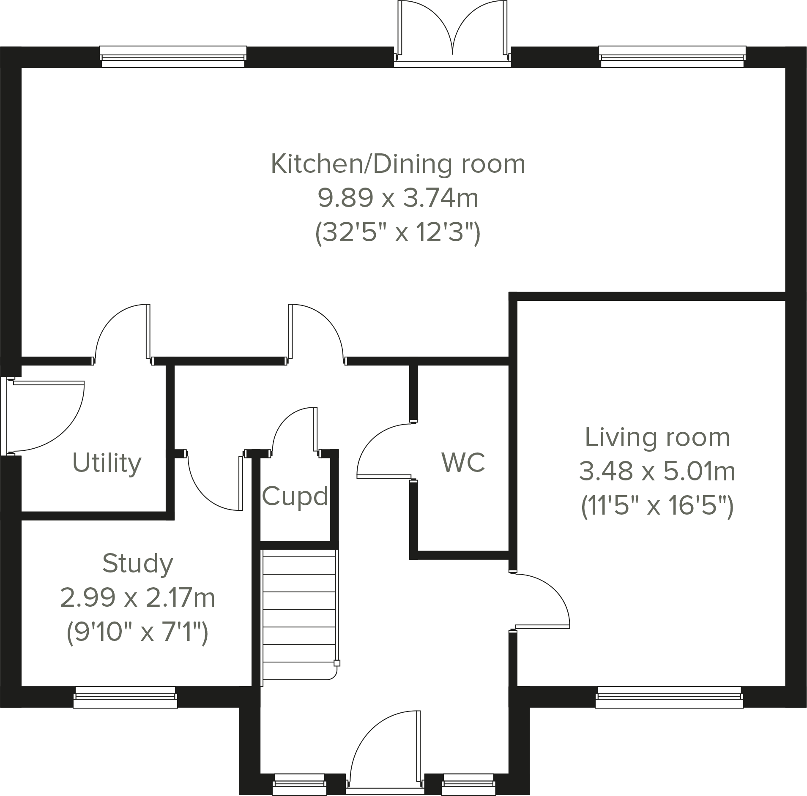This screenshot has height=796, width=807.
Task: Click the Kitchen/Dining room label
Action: (x=397, y=164)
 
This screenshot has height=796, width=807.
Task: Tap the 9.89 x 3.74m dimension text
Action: (x=397, y=198)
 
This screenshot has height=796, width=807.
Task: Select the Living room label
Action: (x=657, y=437)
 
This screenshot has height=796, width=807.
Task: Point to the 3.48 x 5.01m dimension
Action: (x=657, y=472)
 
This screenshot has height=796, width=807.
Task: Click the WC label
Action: (x=463, y=462)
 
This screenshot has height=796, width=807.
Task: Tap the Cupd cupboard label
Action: (x=295, y=496)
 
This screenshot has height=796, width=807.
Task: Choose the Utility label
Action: (x=107, y=463)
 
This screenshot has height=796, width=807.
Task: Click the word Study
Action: (x=138, y=563)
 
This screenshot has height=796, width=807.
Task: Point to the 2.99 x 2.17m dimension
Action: (x=138, y=598)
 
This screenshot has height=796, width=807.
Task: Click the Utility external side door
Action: (x=47, y=416)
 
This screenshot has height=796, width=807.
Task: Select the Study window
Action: (x=125, y=697)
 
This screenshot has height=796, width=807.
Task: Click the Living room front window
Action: (x=669, y=697)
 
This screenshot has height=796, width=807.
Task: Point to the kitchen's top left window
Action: (x=173, y=57)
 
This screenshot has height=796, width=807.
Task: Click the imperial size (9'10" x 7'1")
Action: (x=138, y=633)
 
